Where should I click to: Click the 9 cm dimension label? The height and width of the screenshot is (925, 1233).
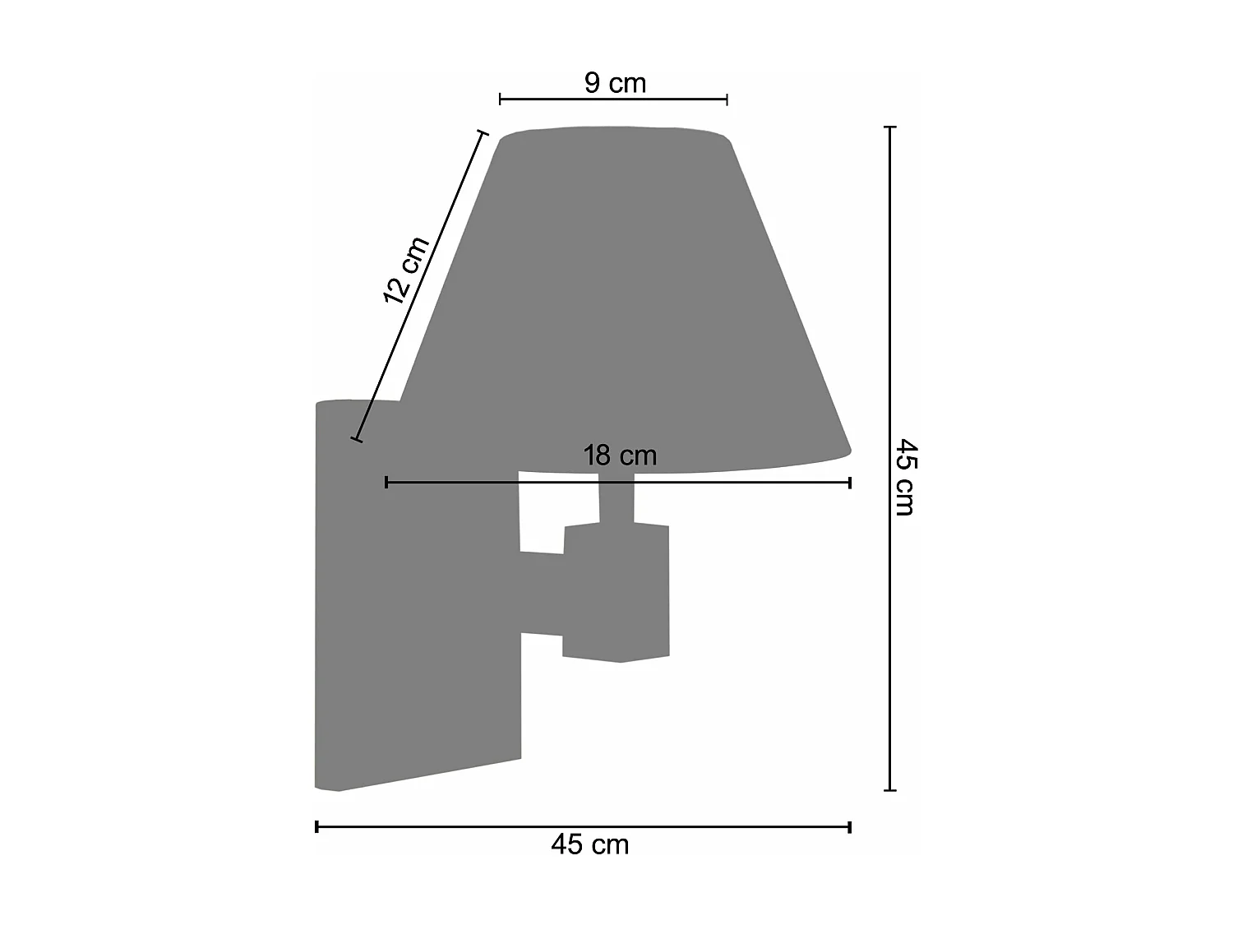pyautogui.click(x=615, y=83)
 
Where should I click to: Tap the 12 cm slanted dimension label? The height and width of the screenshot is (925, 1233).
pyautogui.click(x=406, y=270)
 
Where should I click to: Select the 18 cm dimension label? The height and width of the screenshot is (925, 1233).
pyautogui.click(x=620, y=456)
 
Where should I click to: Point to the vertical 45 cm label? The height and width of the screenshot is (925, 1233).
pyautogui.click(x=905, y=477)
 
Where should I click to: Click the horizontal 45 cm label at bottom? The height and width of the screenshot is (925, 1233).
pyautogui.click(x=590, y=844)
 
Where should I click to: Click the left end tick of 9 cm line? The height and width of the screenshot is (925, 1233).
pyautogui.click(x=501, y=99)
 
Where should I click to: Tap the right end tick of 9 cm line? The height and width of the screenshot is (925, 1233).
pyautogui.click(x=727, y=99)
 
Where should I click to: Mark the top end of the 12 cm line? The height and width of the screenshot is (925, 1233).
pyautogui.click(x=483, y=132)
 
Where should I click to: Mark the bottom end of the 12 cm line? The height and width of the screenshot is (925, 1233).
pyautogui.click(x=356, y=439)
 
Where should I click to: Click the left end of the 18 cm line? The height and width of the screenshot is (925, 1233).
pyautogui.click(x=386, y=483)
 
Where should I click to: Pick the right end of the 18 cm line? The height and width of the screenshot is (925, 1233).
pyautogui.click(x=849, y=483)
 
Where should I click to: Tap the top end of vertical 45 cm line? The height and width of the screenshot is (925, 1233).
pyautogui.click(x=889, y=127)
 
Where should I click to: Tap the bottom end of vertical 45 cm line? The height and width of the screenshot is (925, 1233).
pyautogui.click(x=889, y=790)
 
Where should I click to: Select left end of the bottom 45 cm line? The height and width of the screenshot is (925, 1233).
pyautogui.click(x=317, y=826)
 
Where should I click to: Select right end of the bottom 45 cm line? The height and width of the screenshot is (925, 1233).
pyautogui.click(x=849, y=826)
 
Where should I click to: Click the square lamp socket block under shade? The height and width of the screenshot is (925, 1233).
pyautogui.click(x=616, y=592)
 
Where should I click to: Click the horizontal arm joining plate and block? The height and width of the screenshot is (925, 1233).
pyautogui.click(x=541, y=594)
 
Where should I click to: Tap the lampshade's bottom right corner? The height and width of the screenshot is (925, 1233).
pyautogui.click(x=849, y=450)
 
